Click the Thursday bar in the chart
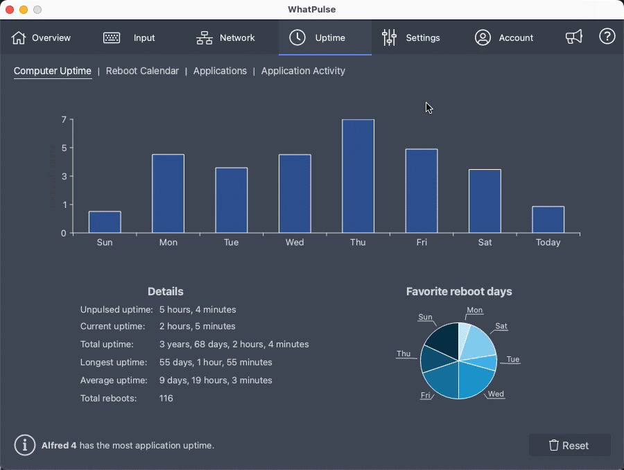pyautogui.click(x=358, y=176)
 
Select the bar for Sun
pyautogui.click(x=105, y=222)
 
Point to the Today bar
pyautogui.click(x=548, y=219)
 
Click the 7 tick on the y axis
pyautogui.click(x=64, y=120)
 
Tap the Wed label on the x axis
pyautogui.click(x=295, y=243)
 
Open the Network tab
pyautogui.click(x=226, y=38)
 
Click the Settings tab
pyautogui.click(x=411, y=38)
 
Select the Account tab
pyautogui.click(x=504, y=38)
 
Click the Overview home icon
pyautogui.click(x=19, y=38)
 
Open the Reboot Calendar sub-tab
pyautogui.click(x=142, y=71)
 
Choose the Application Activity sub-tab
pyautogui.click(x=303, y=71)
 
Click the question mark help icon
pyautogui.click(x=607, y=37)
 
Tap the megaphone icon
pyautogui.click(x=574, y=37)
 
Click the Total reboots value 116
pyautogui.click(x=166, y=399)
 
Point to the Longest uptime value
pyautogui.click(x=216, y=363)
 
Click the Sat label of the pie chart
pyautogui.click(x=501, y=326)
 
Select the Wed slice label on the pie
pyautogui.click(x=496, y=394)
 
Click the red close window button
pyautogui.click(x=10, y=10)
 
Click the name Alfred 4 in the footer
pyautogui.click(x=59, y=446)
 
